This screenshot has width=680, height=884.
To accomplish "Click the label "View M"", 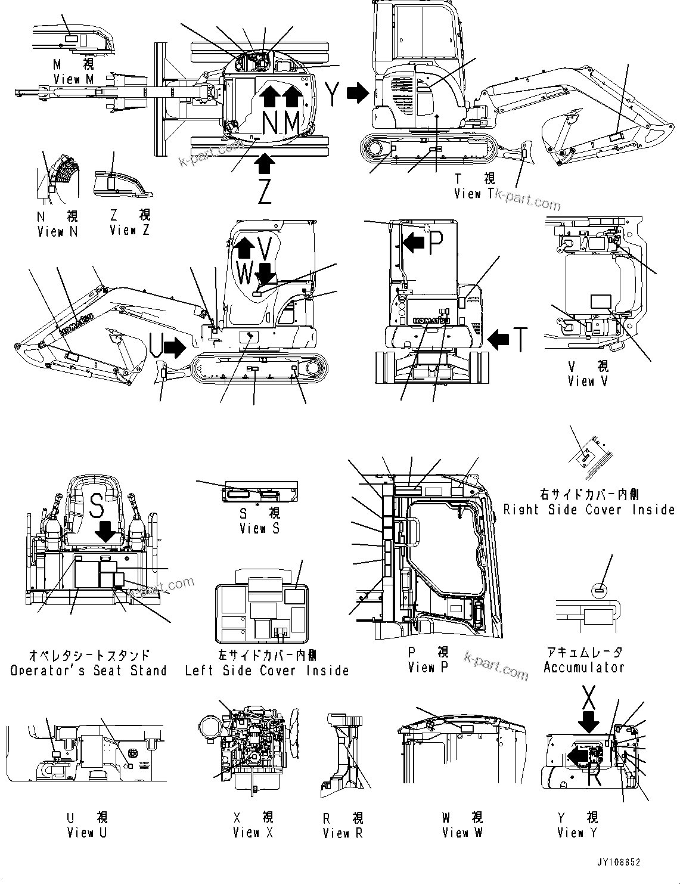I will (x=74, y=79).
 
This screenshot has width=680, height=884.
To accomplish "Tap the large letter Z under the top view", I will (x=265, y=190).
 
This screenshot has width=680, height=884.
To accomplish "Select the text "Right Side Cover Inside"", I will (x=589, y=510).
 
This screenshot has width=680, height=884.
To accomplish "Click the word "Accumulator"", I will (x=583, y=668).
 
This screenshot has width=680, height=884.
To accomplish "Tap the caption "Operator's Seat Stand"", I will (x=88, y=671).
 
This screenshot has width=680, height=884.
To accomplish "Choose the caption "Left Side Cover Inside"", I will (x=266, y=671).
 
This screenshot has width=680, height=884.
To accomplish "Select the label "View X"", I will (x=253, y=833).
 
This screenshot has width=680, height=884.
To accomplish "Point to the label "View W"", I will (x=462, y=833).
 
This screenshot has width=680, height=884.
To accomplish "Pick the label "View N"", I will (x=57, y=231).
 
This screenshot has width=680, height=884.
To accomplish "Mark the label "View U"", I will (x=87, y=833).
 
